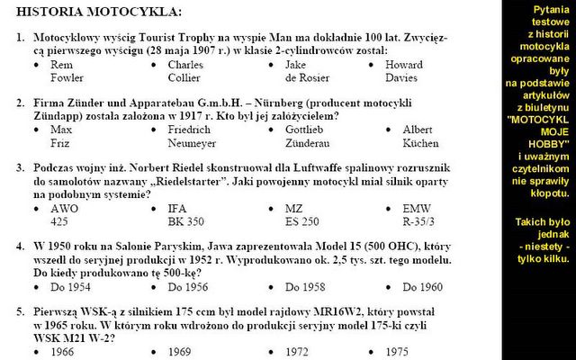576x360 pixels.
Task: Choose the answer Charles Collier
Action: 185,72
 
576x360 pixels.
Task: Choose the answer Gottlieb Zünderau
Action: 310,137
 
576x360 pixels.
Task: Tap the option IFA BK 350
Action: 188,214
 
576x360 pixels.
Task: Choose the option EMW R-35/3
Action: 419,214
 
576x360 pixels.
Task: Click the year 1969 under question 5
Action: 180,352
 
